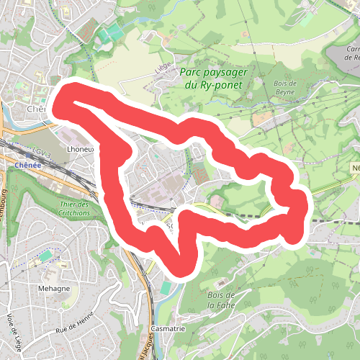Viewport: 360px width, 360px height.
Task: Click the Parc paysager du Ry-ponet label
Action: (x=211, y=78)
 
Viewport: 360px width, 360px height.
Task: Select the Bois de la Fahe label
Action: (x=221, y=300)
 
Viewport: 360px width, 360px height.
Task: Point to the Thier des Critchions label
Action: (x=74, y=208)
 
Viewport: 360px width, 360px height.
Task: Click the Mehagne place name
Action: (x=54, y=288)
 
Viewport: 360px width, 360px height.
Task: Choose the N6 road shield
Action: (x=356, y=168)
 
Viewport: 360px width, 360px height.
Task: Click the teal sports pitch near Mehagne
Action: (x=46, y=255)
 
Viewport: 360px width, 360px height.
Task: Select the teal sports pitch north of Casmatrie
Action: (x=166, y=288)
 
